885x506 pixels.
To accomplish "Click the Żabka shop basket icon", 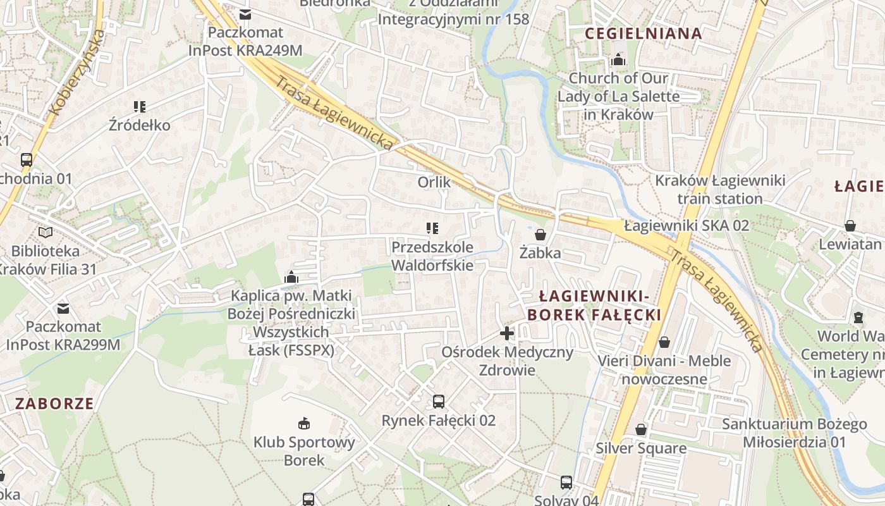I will point(540,234).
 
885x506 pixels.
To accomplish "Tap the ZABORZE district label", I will point(54,404).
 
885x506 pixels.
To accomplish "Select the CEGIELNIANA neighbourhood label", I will point(644,34).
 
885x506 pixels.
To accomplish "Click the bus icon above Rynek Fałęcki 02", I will point(438,401).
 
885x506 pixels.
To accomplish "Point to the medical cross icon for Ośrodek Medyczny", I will point(506,333).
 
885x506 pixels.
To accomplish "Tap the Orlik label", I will point(434,182).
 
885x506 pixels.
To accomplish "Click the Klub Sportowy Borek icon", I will point(304,423).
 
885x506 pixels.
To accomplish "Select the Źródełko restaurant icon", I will point(140,106).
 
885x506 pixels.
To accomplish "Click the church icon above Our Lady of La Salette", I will point(618,60).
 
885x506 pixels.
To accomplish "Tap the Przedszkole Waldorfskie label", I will point(432,256).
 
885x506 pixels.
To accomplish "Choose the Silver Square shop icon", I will point(641,429).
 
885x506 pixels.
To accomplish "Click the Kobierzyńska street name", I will point(76,73).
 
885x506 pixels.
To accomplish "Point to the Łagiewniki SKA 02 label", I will point(686,225).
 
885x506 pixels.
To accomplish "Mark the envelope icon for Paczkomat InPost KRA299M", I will point(63,308).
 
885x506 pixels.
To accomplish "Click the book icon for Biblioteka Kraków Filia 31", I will point(46,232).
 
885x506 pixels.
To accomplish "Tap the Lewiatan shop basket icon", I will point(850,226).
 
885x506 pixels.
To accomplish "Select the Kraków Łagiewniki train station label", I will point(720,189).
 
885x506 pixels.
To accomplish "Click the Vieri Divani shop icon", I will point(664,342).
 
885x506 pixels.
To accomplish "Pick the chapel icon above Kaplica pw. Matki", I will point(291,277).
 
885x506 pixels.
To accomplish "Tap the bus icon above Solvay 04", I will point(566,482).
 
